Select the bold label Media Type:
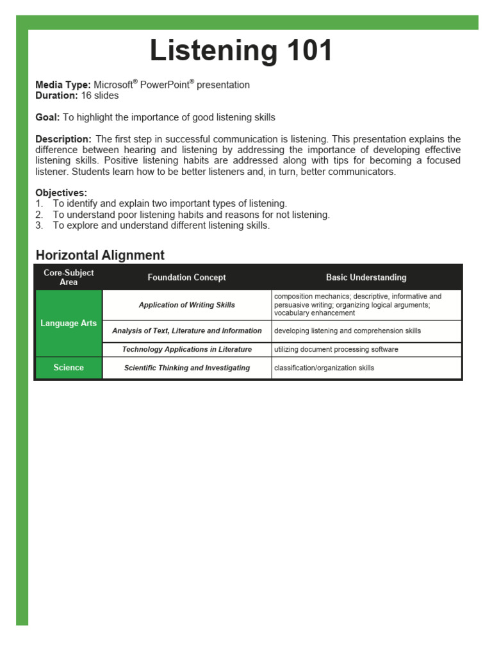(x=63, y=85)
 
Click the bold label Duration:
(x=56, y=96)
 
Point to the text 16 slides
(x=99, y=96)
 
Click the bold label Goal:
(x=47, y=118)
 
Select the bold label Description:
(x=63, y=140)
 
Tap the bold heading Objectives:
(x=61, y=193)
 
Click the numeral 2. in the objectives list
(x=39, y=215)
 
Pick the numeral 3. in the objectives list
(x=39, y=226)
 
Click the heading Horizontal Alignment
(x=100, y=256)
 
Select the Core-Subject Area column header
(x=69, y=277)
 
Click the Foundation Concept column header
(x=186, y=277)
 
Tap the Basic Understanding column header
(x=366, y=277)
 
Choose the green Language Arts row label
(x=69, y=324)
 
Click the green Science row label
(x=69, y=368)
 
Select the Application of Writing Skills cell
(x=186, y=306)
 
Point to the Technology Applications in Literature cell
(x=186, y=350)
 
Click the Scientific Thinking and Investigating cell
(x=186, y=368)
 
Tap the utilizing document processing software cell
(x=336, y=350)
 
